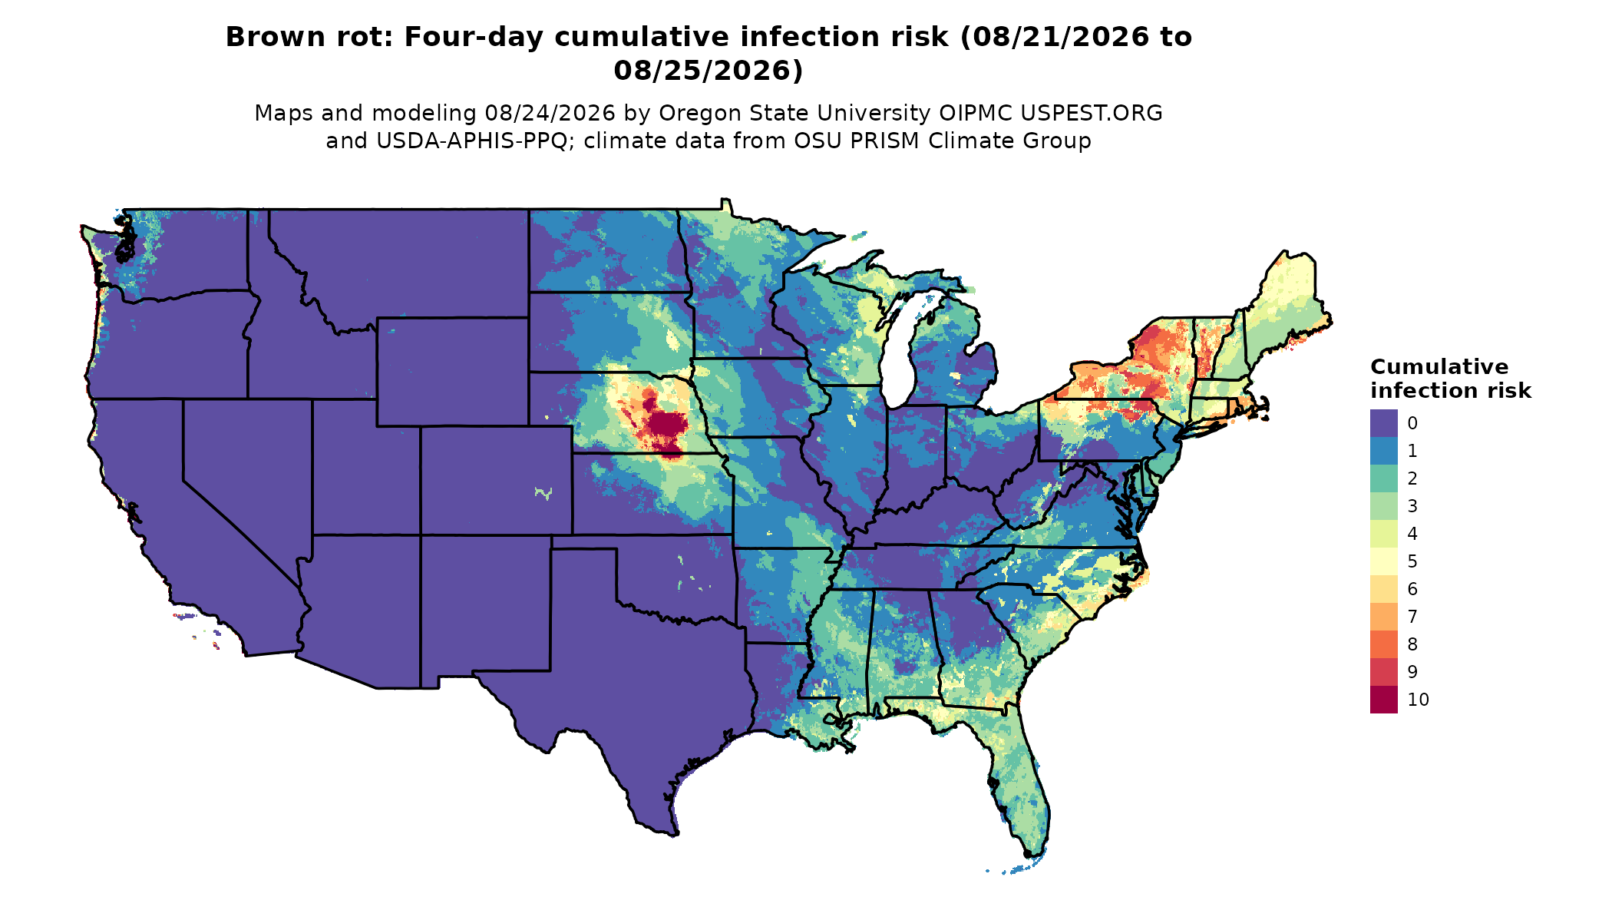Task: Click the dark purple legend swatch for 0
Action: point(1383,423)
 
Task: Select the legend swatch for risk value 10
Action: point(1383,700)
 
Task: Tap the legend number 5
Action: point(1412,561)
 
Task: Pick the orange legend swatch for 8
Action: point(1383,644)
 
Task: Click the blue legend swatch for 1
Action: point(1383,451)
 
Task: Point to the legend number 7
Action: point(1412,617)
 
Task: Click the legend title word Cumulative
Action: point(1439,367)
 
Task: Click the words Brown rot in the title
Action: point(310,37)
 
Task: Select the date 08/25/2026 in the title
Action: point(709,71)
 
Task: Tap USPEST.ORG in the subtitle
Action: point(1092,114)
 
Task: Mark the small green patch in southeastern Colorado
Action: point(543,493)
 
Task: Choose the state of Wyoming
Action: point(453,372)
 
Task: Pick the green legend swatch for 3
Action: point(1383,506)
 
